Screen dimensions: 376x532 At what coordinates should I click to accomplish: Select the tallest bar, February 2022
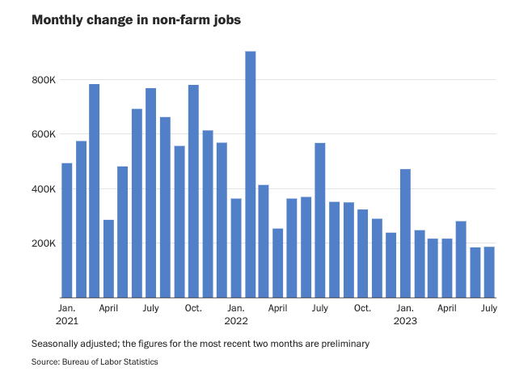click(250, 174)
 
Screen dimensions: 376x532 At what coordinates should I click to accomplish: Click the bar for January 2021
click(66, 230)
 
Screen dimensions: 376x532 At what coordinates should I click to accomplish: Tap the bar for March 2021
click(95, 191)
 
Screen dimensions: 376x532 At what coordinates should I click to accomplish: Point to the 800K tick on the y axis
click(43, 80)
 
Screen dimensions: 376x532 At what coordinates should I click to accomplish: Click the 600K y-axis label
click(43, 134)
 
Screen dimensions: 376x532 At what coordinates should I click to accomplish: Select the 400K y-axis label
click(43, 189)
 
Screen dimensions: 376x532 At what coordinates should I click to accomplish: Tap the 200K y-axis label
click(43, 243)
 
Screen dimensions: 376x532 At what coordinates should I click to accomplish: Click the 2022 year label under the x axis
click(236, 320)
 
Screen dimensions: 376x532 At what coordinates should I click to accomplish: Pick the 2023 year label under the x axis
click(405, 320)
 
